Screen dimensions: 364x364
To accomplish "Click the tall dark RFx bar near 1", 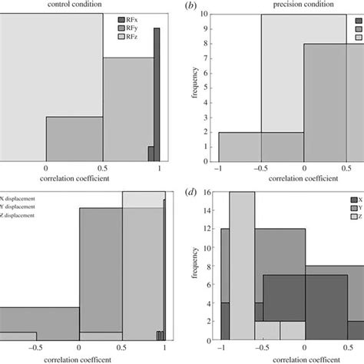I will (157, 92).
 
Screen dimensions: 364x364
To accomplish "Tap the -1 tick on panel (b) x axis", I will (219, 167).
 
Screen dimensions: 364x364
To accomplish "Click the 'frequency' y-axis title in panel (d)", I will (199, 265).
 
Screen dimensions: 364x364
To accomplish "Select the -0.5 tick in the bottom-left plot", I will (36, 347).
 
